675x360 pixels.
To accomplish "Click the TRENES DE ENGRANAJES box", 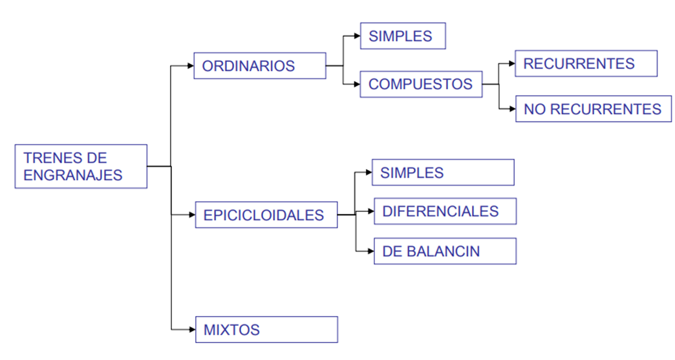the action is point(81,167).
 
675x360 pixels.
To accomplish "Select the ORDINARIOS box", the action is point(259,66).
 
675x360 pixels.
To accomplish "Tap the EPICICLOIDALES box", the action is point(266,215).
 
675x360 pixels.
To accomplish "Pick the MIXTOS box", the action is point(266,330).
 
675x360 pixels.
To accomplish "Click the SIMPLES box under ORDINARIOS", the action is point(403,36).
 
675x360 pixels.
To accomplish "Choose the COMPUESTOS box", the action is point(421,84).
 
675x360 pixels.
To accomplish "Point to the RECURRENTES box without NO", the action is point(586,63).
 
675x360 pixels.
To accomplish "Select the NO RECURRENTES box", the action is point(594,109).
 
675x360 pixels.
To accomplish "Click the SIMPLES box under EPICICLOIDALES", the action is point(443,173).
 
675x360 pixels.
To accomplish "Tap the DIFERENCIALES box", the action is point(445,211).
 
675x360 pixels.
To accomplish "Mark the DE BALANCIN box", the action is point(445,251).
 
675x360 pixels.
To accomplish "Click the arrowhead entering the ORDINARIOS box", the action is point(191,66).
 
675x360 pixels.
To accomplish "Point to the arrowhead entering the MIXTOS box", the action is point(192,330).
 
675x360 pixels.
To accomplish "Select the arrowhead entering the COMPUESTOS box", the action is point(357,84).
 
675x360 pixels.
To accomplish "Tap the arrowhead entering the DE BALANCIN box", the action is point(370,251).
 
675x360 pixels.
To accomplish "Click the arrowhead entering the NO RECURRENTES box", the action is point(512,109).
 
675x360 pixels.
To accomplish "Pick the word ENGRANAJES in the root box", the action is point(73,175).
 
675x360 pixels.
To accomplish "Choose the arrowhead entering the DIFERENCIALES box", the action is point(370,211).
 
